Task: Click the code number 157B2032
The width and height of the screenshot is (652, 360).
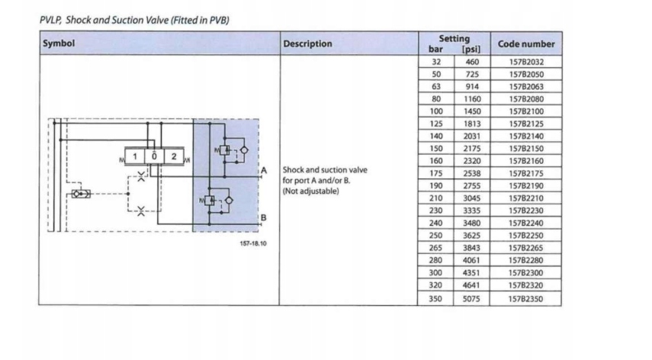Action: (x=526, y=62)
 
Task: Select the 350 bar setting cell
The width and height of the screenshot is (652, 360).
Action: (x=435, y=298)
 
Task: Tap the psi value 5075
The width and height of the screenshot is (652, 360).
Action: (x=472, y=298)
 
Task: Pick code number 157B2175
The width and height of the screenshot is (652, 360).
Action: (x=526, y=173)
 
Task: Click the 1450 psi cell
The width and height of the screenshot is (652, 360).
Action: (x=472, y=111)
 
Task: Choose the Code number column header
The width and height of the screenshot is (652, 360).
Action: (x=526, y=43)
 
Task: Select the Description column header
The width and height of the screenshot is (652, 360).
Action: (x=307, y=43)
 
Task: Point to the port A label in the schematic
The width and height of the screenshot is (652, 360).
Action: (x=264, y=169)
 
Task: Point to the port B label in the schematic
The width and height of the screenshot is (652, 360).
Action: (x=264, y=218)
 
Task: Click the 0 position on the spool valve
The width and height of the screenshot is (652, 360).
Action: (x=154, y=157)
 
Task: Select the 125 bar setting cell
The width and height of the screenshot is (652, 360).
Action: (x=435, y=124)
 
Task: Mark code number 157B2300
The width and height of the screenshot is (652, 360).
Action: (x=526, y=272)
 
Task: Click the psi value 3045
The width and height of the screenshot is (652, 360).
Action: (x=472, y=198)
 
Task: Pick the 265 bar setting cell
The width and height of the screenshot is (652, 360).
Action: (x=435, y=248)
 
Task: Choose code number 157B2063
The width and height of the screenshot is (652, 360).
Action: (x=526, y=86)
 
